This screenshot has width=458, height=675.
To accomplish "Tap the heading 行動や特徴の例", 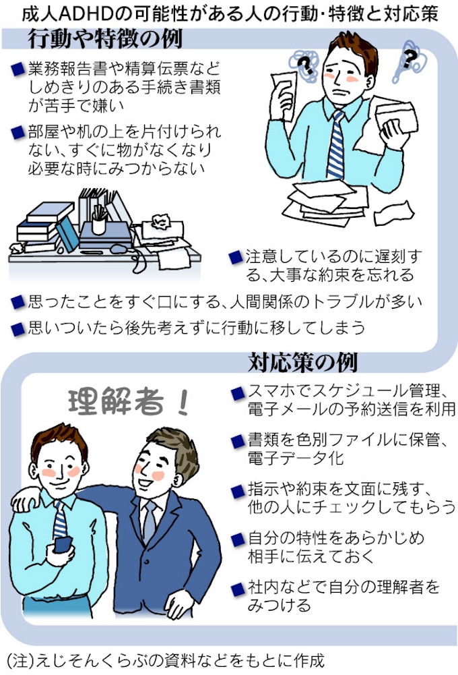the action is (105, 38).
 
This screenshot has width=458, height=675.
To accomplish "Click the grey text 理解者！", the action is (129, 402).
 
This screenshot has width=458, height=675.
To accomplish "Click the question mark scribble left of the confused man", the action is (305, 65).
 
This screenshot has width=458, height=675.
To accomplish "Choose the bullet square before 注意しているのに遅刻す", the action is (235, 258).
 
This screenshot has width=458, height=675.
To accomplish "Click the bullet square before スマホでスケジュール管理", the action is (238, 392).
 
